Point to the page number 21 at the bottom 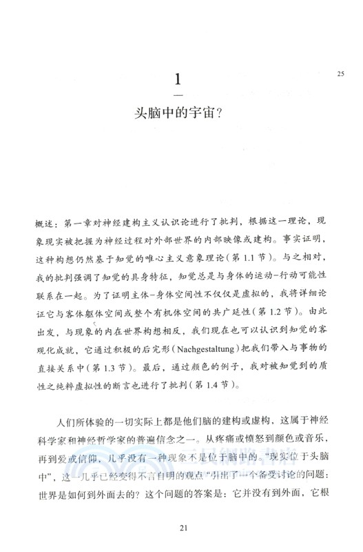(182, 529)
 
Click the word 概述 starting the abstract (43, 225)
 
